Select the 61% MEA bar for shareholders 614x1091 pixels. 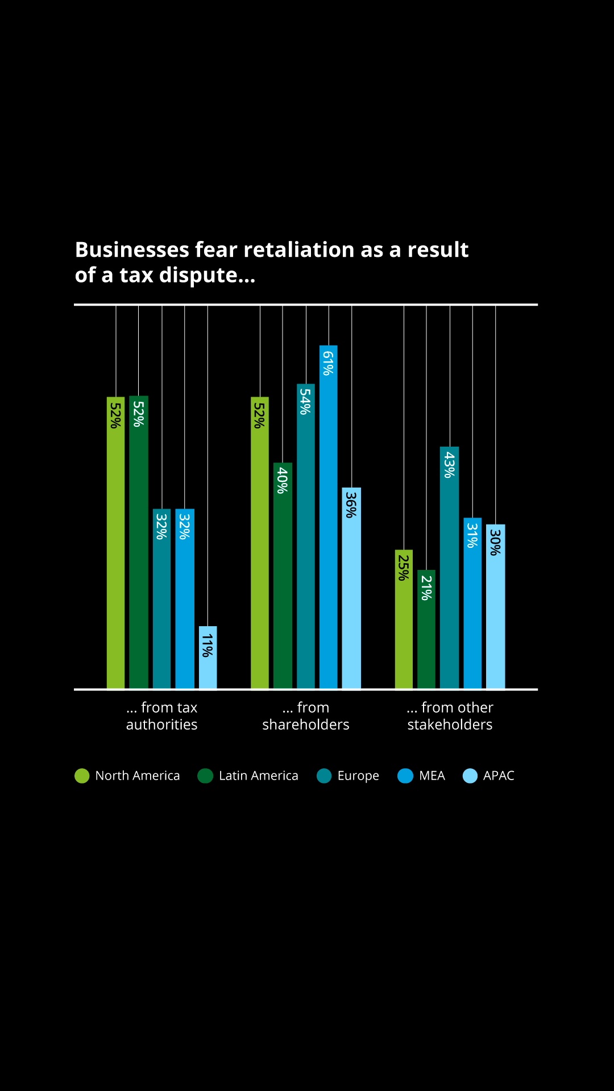(328, 517)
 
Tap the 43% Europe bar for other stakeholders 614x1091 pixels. (449, 568)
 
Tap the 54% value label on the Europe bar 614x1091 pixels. (305, 401)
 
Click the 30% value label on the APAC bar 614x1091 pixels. (495, 542)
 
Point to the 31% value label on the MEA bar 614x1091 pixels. (472, 535)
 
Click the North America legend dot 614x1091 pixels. (82, 776)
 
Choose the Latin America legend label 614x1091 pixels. (258, 776)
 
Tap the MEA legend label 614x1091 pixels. (432, 776)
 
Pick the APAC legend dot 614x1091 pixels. (470, 776)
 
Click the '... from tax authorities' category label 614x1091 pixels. (162, 716)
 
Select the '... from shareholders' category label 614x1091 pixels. (306, 716)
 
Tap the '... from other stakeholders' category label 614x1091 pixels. (450, 716)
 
